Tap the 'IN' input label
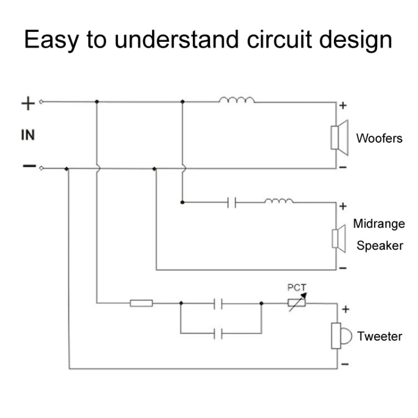coord(28,135)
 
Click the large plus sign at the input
coord(28,103)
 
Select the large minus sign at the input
coord(28,166)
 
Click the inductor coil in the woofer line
coord(237,100)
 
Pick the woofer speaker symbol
coord(338,137)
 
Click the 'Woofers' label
coord(379,138)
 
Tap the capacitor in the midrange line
coord(232,202)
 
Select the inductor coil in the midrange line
coord(279,201)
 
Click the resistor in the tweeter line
coord(142,304)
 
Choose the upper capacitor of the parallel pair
coord(219,304)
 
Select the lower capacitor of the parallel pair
coord(219,333)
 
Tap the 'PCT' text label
coord(297,288)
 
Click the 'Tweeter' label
coord(380,336)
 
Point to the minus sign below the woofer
coord(343,167)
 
